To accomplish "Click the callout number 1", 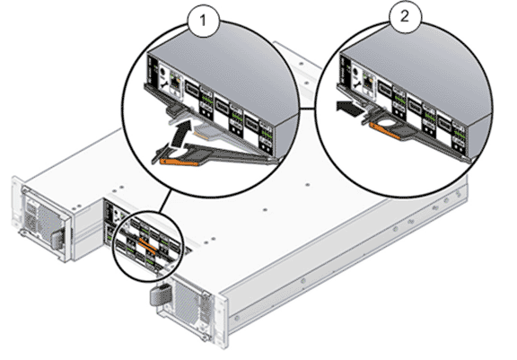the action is [203, 22].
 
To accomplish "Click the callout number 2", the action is [405, 16].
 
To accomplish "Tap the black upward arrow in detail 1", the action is [180, 134].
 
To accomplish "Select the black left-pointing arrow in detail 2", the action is [349, 109].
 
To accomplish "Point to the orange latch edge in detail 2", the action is [385, 131].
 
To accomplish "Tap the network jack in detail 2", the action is [367, 81].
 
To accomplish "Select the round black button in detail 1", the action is [162, 73].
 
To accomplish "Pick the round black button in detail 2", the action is [356, 72].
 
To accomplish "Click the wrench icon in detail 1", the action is [163, 85].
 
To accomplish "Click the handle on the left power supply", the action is [57, 239].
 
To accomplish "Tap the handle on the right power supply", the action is [160, 295].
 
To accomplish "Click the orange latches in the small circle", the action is [147, 246].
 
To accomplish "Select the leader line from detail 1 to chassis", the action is [165, 202].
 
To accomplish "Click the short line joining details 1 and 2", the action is [308, 108].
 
